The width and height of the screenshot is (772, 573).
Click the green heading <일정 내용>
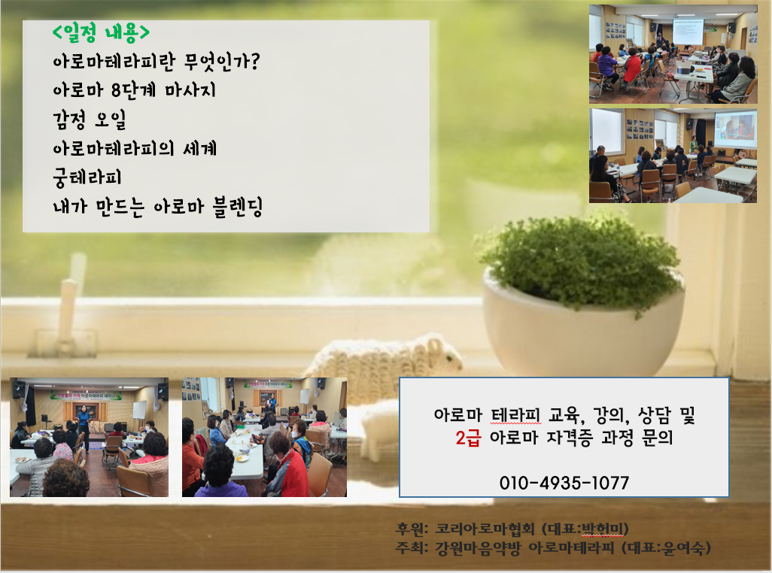point(101,33)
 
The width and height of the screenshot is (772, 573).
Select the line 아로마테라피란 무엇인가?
point(156,62)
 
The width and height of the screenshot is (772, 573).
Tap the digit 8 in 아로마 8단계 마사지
point(116,90)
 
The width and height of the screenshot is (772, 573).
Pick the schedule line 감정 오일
point(90,120)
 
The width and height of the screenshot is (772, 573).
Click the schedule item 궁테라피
point(87,177)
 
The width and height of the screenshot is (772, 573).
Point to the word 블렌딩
point(238,207)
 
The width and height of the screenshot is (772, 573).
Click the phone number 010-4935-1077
point(564,483)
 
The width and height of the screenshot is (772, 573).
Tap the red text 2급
point(468,437)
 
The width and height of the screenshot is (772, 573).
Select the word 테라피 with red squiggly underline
point(516,416)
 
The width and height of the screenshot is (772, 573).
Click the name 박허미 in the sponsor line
point(602,529)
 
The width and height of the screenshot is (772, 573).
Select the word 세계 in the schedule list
point(200,149)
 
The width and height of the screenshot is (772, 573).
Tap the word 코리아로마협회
point(485,529)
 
